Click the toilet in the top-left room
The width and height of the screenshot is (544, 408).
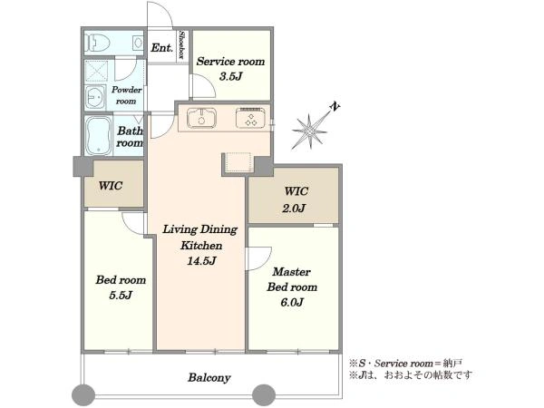click(x=97, y=43)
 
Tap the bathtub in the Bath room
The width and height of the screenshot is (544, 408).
click(x=99, y=135)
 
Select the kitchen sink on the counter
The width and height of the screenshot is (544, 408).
click(x=201, y=118)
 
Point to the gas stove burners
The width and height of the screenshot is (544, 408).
click(x=250, y=118)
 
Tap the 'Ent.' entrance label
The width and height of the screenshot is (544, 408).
click(x=161, y=47)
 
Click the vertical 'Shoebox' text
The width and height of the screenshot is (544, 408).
click(x=181, y=44)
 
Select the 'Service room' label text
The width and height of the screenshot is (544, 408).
click(x=230, y=62)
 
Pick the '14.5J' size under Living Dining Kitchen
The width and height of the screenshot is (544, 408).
click(x=201, y=260)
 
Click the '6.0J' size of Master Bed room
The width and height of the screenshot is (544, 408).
click(x=292, y=302)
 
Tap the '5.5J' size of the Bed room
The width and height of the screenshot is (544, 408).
click(x=121, y=295)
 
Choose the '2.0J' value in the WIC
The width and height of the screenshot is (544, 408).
click(x=294, y=208)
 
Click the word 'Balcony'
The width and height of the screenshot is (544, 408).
click(x=209, y=377)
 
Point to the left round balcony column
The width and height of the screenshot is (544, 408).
click(x=83, y=394)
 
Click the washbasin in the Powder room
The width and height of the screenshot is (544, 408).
click(x=95, y=98)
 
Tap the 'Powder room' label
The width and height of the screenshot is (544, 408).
click(x=126, y=95)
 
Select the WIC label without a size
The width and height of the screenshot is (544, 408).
click(x=111, y=186)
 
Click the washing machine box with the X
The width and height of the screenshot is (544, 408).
click(x=96, y=72)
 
